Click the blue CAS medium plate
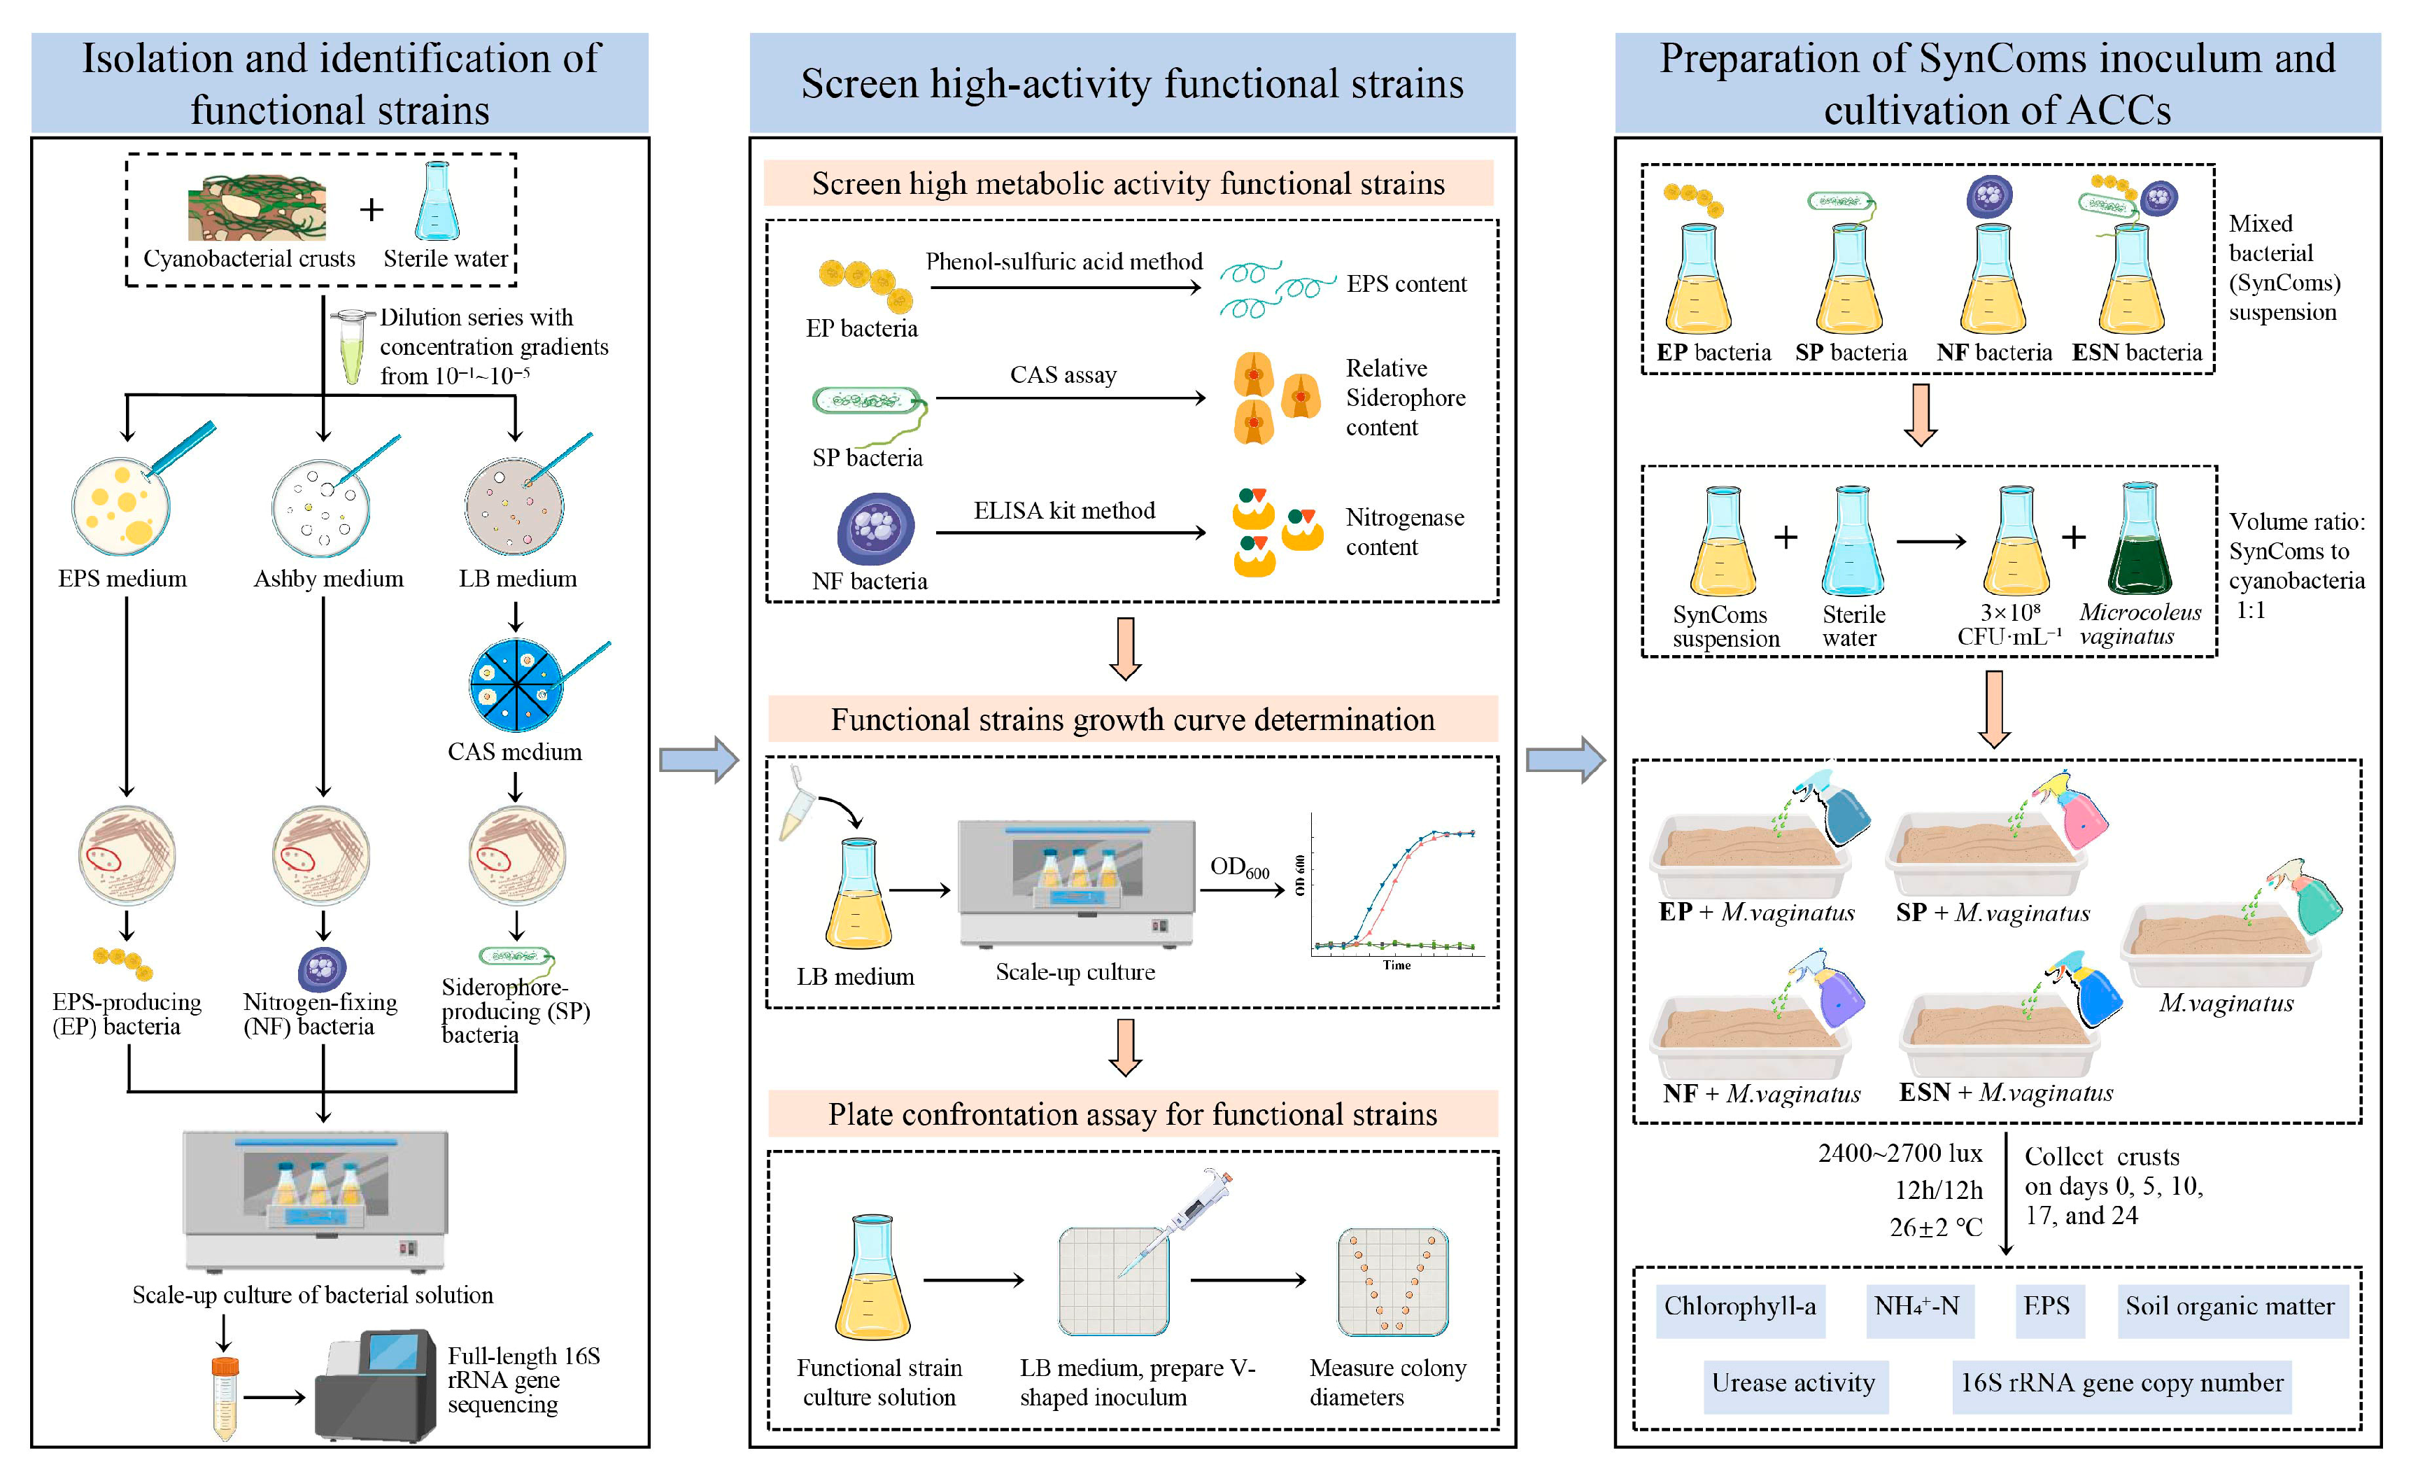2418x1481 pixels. [x=515, y=685]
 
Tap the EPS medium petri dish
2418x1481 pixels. [x=121, y=507]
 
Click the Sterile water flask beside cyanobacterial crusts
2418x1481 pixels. [x=437, y=202]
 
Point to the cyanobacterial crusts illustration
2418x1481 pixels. [x=257, y=207]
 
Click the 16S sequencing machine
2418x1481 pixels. [x=377, y=1385]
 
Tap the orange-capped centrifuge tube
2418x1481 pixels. [x=225, y=1398]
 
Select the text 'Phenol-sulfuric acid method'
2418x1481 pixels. [x=1063, y=261]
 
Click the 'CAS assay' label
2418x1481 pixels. [x=1063, y=375]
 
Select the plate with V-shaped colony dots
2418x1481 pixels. [x=1392, y=1282]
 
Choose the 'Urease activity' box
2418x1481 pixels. [x=1794, y=1384]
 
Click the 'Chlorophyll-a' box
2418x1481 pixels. [x=1740, y=1307]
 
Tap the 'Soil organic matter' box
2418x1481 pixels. [x=2230, y=1307]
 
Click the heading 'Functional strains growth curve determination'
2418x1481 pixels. [x=1133, y=720]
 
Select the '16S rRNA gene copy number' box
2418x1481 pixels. [x=2121, y=1384]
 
